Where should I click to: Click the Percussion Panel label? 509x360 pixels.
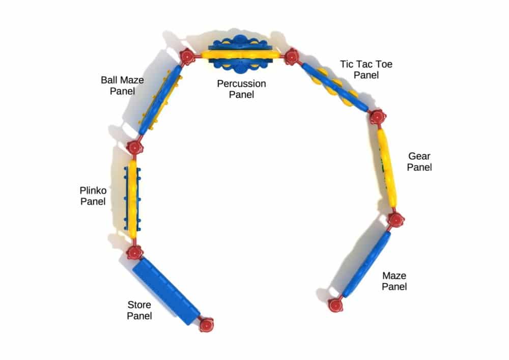click(241, 89)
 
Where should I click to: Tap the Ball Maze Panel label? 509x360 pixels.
click(122, 86)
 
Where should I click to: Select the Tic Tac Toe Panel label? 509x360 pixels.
click(366, 69)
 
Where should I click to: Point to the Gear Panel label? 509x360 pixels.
click(419, 161)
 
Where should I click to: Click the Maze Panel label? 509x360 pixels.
click(394, 281)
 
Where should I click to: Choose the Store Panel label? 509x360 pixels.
click(139, 310)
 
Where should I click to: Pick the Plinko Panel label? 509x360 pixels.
click(93, 196)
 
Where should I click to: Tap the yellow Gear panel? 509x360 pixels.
click(387, 168)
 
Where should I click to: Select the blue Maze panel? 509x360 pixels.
click(366, 264)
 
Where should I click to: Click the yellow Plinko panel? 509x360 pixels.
click(132, 199)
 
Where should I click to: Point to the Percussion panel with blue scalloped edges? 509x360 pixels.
click(240, 54)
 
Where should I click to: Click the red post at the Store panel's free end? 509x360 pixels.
click(207, 325)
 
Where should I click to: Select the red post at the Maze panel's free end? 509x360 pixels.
click(335, 305)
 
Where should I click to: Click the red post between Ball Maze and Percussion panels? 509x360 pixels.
click(187, 56)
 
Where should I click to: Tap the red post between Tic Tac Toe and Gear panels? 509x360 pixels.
click(378, 117)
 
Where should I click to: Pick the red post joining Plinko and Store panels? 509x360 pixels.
click(134, 252)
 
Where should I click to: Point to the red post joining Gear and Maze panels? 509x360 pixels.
click(396, 220)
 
